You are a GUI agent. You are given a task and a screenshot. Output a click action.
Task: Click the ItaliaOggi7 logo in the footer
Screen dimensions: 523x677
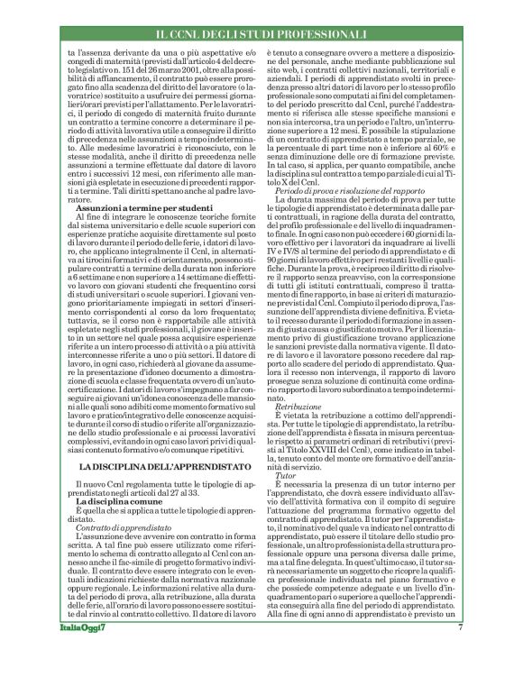(80, 652)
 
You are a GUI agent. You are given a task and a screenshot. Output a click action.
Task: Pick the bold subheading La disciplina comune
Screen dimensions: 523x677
(119, 549)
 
